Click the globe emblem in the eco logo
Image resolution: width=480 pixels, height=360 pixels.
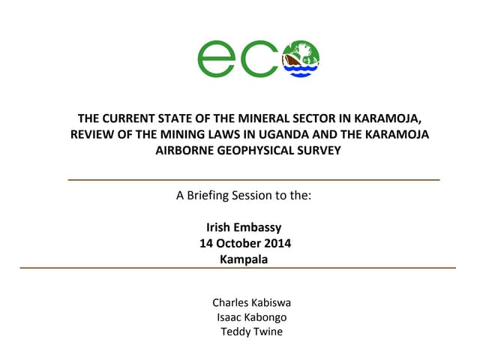tap(300, 58)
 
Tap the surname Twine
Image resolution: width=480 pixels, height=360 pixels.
tap(268, 331)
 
